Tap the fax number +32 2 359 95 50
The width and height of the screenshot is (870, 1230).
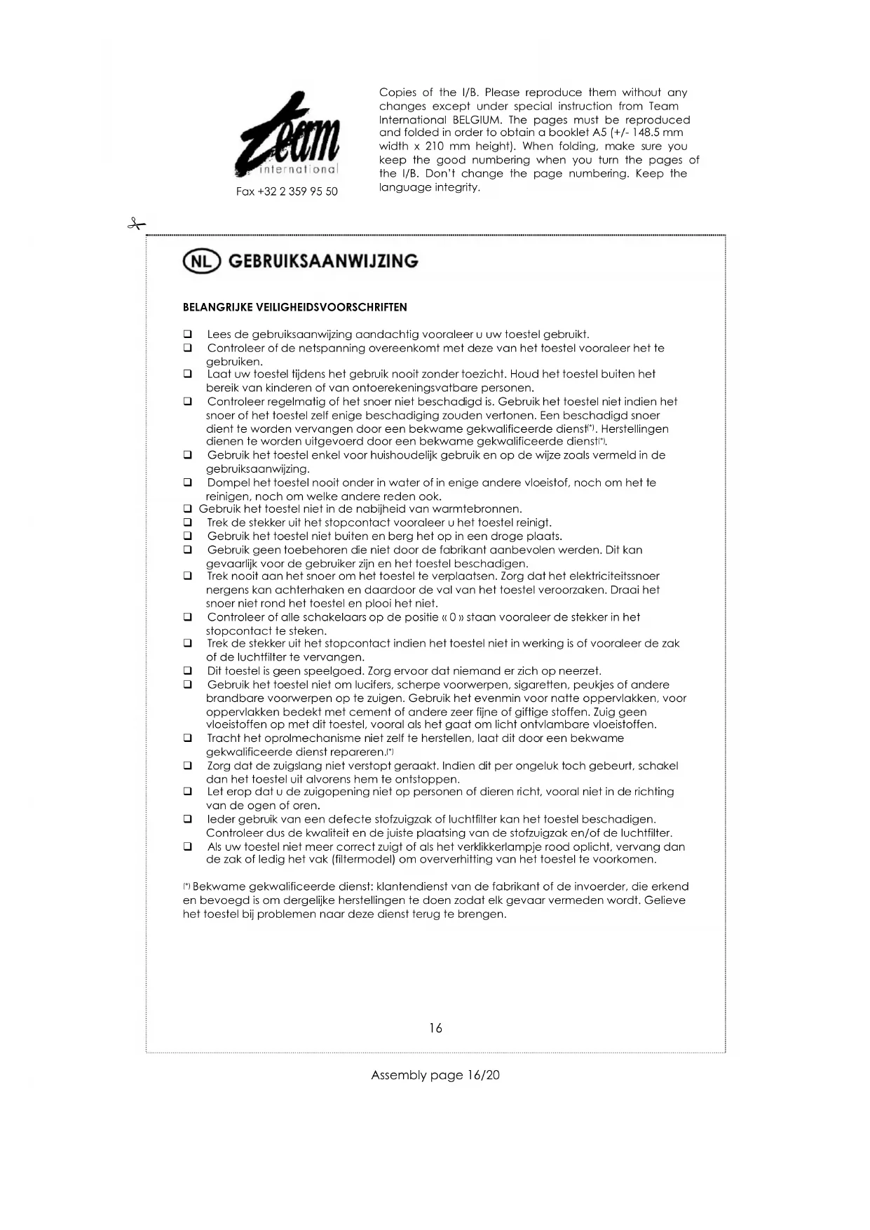pyautogui.click(x=287, y=191)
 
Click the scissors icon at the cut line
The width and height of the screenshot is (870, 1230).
pyautogui.click(x=136, y=224)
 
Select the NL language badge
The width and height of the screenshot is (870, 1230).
pyautogui.click(x=201, y=262)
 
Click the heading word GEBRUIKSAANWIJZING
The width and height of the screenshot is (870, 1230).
pyautogui.click(x=323, y=262)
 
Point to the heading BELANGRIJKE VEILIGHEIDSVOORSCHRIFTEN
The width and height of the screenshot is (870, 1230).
pyautogui.click(x=294, y=307)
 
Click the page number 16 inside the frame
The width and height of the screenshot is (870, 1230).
pyautogui.click(x=435, y=1028)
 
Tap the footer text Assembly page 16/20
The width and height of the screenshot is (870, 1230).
pyautogui.click(x=435, y=1075)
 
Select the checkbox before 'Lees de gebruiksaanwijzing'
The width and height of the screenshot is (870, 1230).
pyautogui.click(x=188, y=334)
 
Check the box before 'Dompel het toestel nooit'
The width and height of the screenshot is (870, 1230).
pyautogui.click(x=188, y=482)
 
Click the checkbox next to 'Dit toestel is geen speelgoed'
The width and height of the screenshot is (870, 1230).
pyautogui.click(x=188, y=671)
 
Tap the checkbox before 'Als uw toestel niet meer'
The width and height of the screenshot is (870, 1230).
pyautogui.click(x=188, y=846)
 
